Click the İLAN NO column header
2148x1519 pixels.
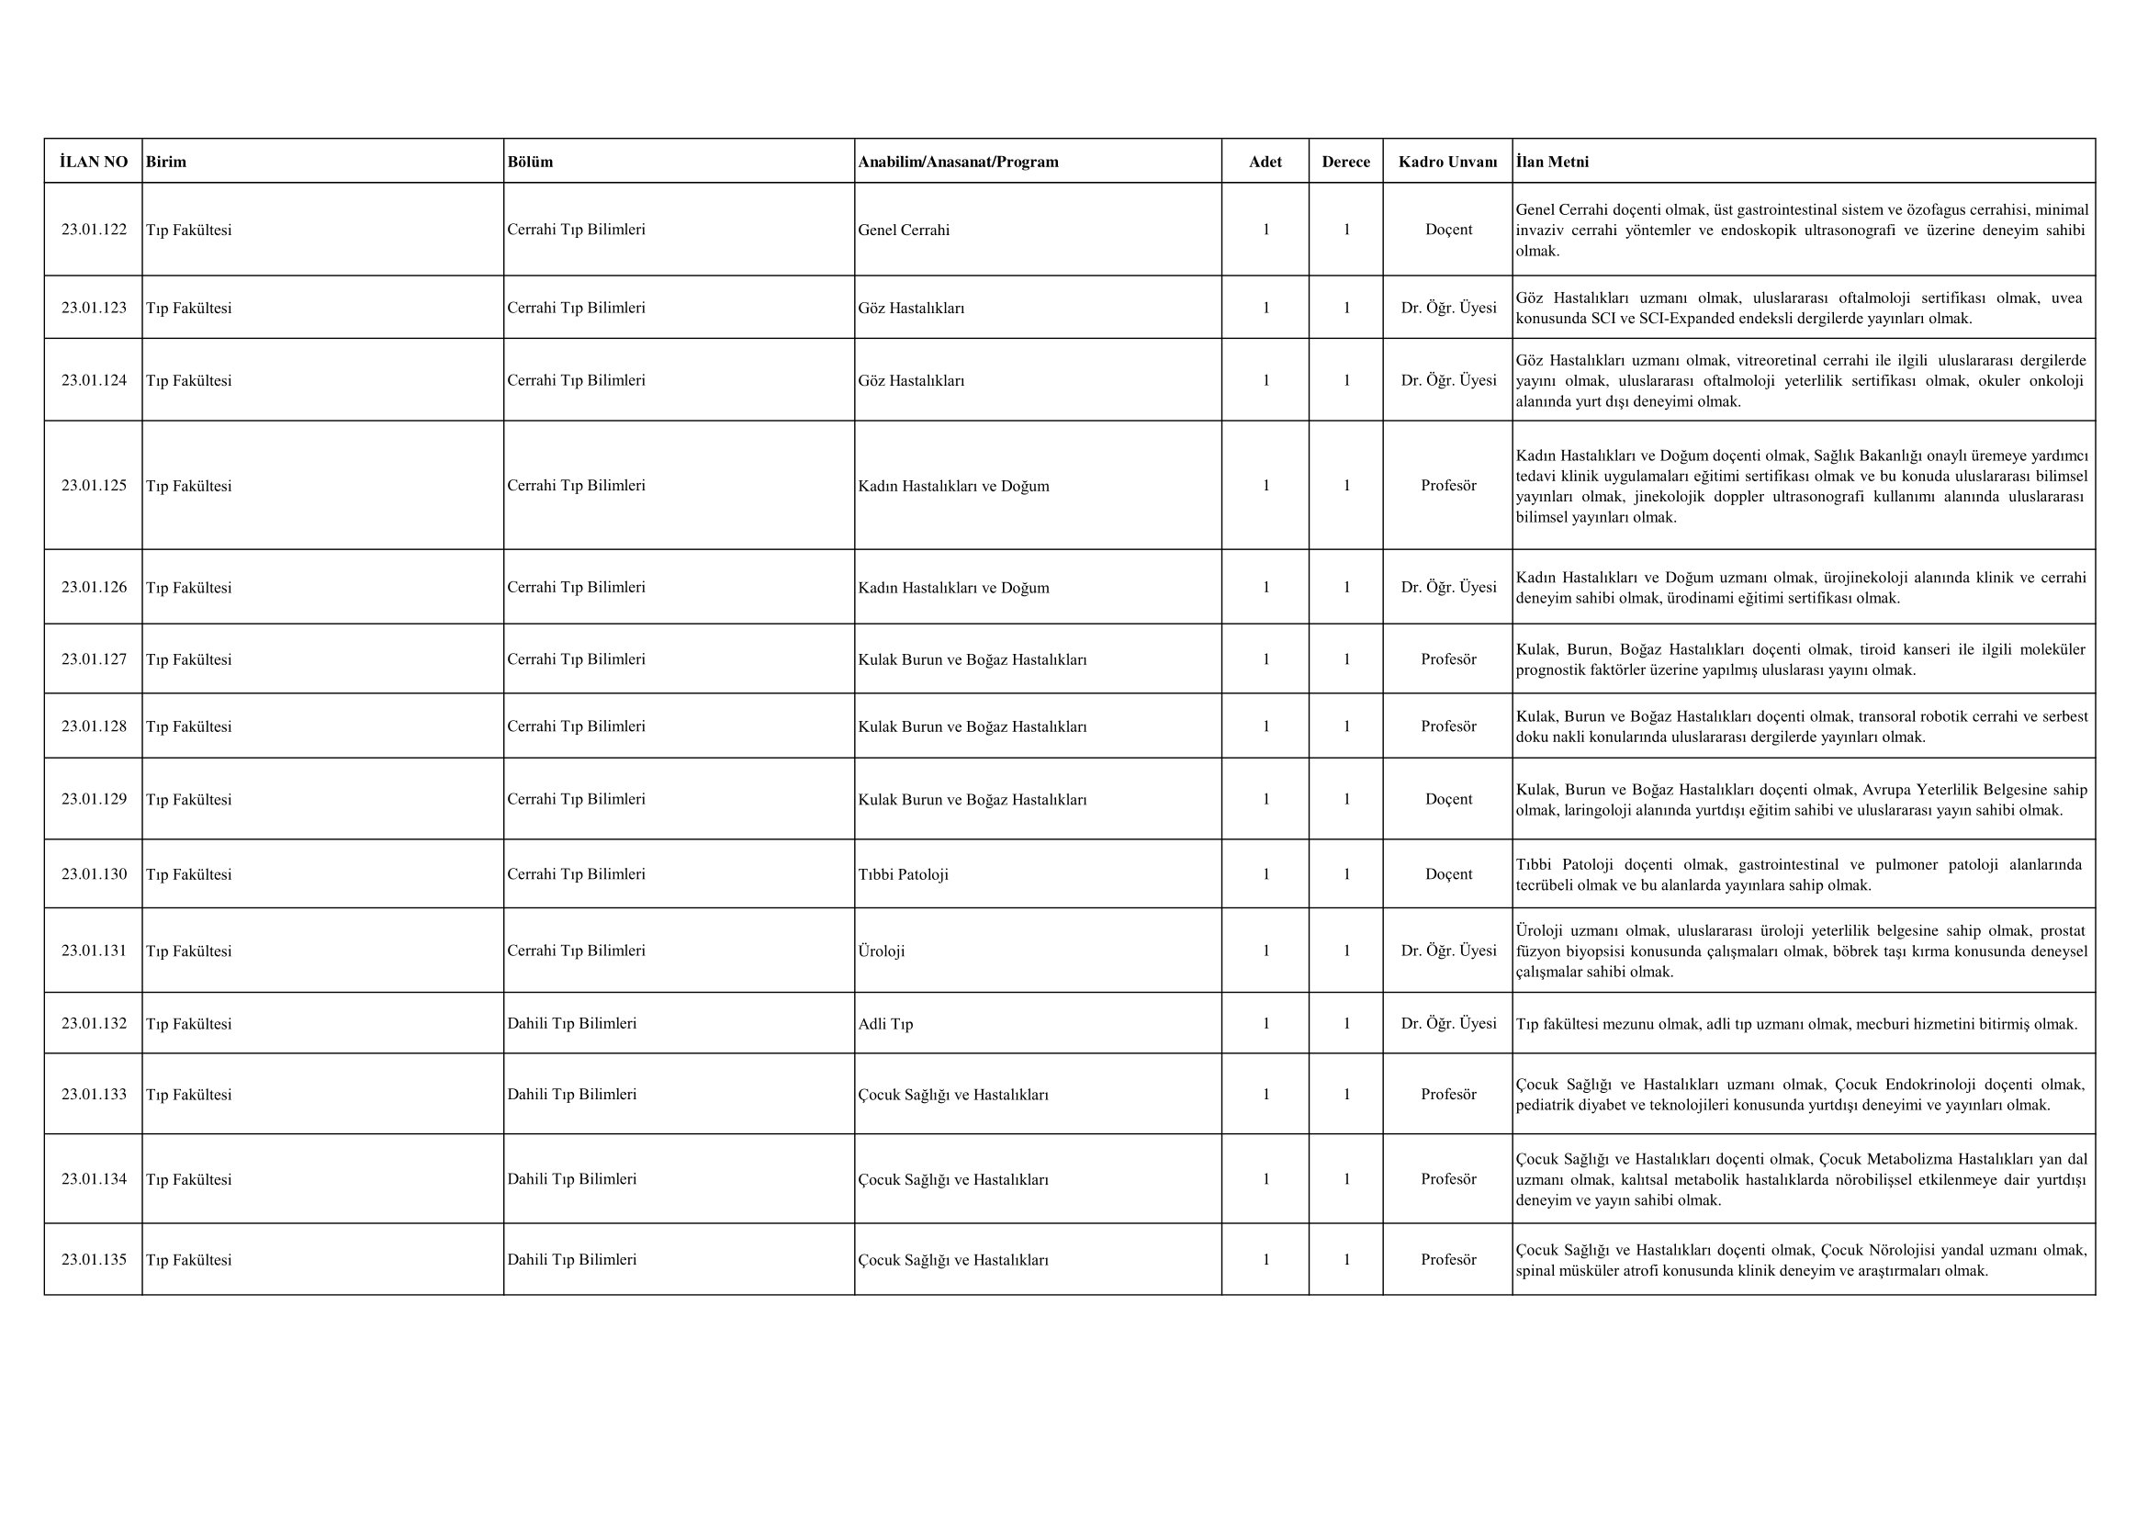(x=94, y=162)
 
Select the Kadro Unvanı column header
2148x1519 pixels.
(x=1447, y=162)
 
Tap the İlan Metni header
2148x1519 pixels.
(x=1552, y=162)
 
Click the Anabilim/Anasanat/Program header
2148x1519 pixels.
(x=958, y=162)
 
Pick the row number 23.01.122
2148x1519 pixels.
(x=94, y=230)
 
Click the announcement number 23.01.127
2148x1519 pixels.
(x=94, y=659)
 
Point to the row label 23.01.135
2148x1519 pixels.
(x=94, y=1259)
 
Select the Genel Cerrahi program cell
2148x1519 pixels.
(x=903, y=231)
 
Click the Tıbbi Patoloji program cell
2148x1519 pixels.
(x=903, y=874)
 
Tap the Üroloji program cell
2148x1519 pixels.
(x=882, y=951)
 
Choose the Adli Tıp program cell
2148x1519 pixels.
(x=885, y=1024)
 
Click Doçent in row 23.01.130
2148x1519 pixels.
(x=1448, y=874)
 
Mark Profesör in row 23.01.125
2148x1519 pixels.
(x=1448, y=486)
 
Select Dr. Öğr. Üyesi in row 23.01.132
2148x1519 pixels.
(x=1448, y=1023)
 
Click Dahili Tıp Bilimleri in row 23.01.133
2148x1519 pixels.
(x=571, y=1095)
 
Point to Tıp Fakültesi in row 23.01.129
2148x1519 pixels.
(x=189, y=800)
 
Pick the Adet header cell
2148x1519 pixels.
(x=1265, y=162)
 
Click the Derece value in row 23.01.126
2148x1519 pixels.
(x=1346, y=588)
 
